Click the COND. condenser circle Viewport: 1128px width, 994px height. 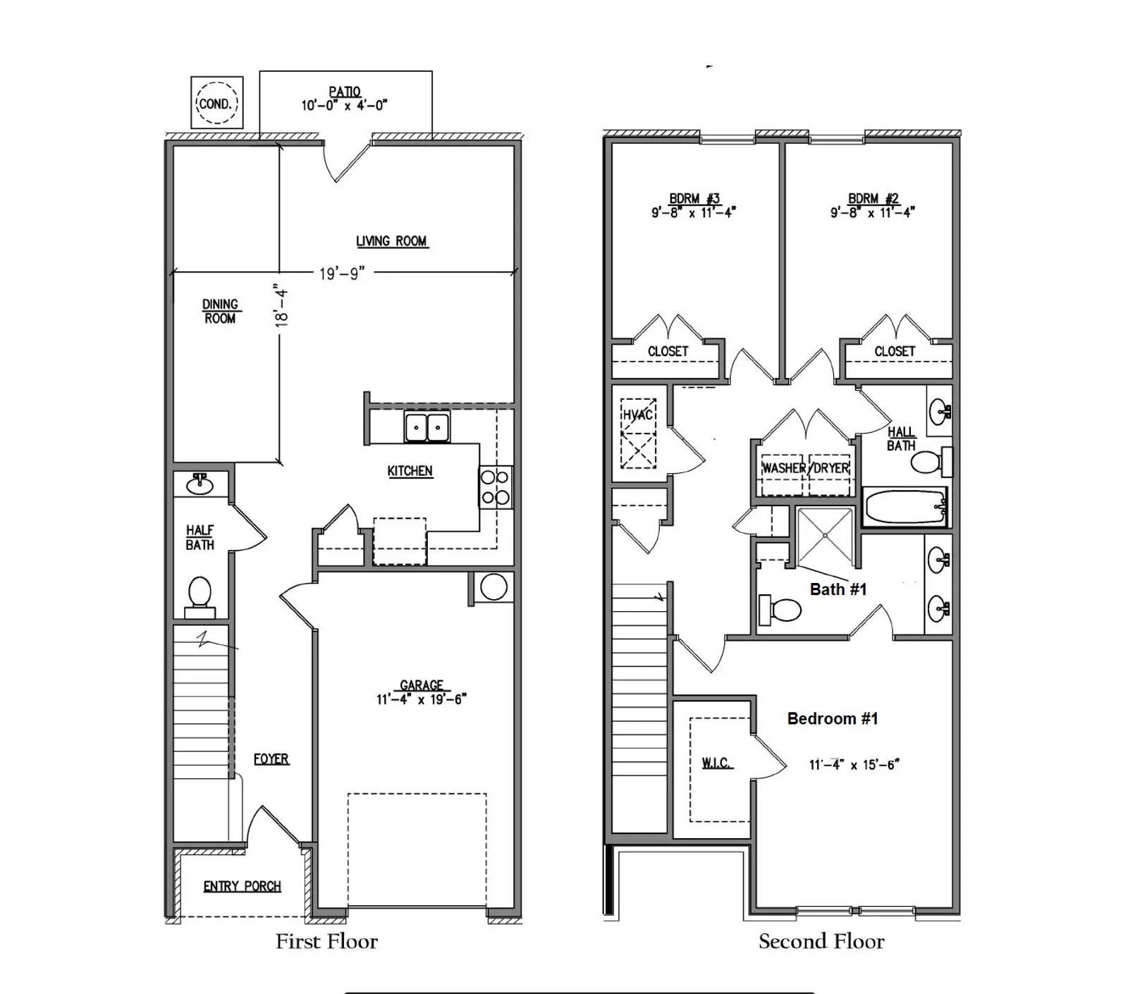pyautogui.click(x=216, y=103)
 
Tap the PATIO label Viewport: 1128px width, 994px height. pyautogui.click(x=345, y=92)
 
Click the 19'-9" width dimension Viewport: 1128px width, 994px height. pyautogui.click(x=341, y=274)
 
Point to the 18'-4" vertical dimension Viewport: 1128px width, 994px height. pyautogui.click(x=281, y=305)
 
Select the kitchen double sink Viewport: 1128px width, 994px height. pyautogui.click(x=427, y=427)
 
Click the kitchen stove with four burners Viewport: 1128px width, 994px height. pyautogui.click(x=496, y=487)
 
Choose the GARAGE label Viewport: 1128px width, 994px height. pyautogui.click(x=422, y=685)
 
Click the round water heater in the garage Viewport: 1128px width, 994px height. pyautogui.click(x=493, y=587)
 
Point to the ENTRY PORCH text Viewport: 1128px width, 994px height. pyautogui.click(x=242, y=886)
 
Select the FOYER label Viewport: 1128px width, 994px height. pyautogui.click(x=271, y=759)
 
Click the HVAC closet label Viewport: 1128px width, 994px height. pyautogui.click(x=638, y=415)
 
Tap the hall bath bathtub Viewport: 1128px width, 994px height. pyautogui.click(x=905, y=507)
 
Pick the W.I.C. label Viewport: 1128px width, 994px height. pyautogui.click(x=716, y=763)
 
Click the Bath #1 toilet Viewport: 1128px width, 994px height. pyautogui.click(x=780, y=610)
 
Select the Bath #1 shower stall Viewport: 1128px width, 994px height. pyautogui.click(x=825, y=536)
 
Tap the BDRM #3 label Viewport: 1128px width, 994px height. pyautogui.click(x=694, y=199)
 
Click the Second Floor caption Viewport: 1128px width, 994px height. pyautogui.click(x=821, y=941)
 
